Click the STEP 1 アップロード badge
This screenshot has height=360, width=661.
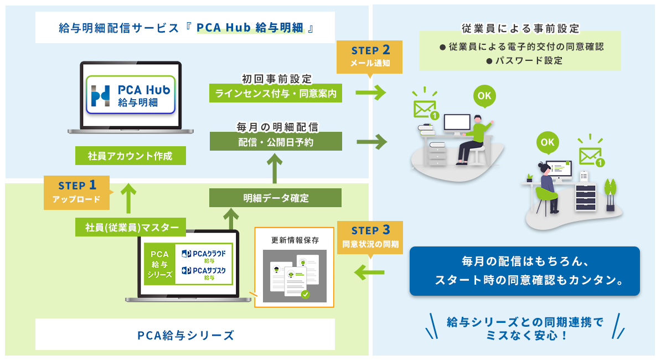77,192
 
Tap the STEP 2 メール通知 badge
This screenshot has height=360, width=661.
369,56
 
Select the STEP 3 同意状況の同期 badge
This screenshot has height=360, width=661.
370,236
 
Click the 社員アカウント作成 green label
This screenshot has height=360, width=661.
130,156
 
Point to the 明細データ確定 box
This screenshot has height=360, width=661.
276,198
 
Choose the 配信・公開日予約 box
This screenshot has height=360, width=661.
276,142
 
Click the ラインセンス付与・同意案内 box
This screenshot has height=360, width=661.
276,94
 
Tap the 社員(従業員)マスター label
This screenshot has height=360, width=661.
132,227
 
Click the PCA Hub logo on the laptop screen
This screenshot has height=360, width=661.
131,95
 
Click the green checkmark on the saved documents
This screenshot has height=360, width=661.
305,295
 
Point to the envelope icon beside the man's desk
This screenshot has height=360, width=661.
425,109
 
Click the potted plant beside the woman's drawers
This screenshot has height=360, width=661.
611,194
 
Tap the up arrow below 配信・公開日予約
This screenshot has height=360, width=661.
275,168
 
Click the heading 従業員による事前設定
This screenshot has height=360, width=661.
520,28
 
